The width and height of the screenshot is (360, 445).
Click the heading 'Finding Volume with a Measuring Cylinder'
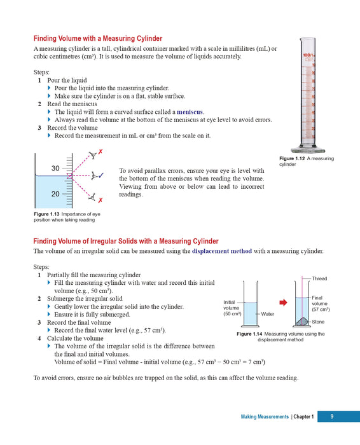[x=97, y=38]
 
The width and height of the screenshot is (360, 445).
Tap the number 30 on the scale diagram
[x=55, y=168]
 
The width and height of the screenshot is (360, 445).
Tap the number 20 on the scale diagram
[x=55, y=194]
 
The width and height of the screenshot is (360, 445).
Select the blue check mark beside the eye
[x=102, y=175]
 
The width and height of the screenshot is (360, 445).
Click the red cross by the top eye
[x=101, y=152]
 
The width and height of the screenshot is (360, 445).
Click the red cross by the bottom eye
[x=100, y=200]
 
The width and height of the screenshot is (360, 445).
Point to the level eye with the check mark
[x=93, y=175]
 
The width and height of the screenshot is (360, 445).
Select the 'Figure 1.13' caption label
[x=48, y=214]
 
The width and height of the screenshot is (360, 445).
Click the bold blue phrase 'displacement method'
[x=222, y=251]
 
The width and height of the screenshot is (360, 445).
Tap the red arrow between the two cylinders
[x=284, y=302]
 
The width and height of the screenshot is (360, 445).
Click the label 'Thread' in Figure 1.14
[x=320, y=278]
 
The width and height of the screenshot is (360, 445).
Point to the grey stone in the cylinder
[x=303, y=322]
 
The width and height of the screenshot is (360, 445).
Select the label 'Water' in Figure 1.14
[x=268, y=314]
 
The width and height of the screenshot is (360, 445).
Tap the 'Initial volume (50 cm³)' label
[x=232, y=308]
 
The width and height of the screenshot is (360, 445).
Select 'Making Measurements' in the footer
[x=265, y=417]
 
